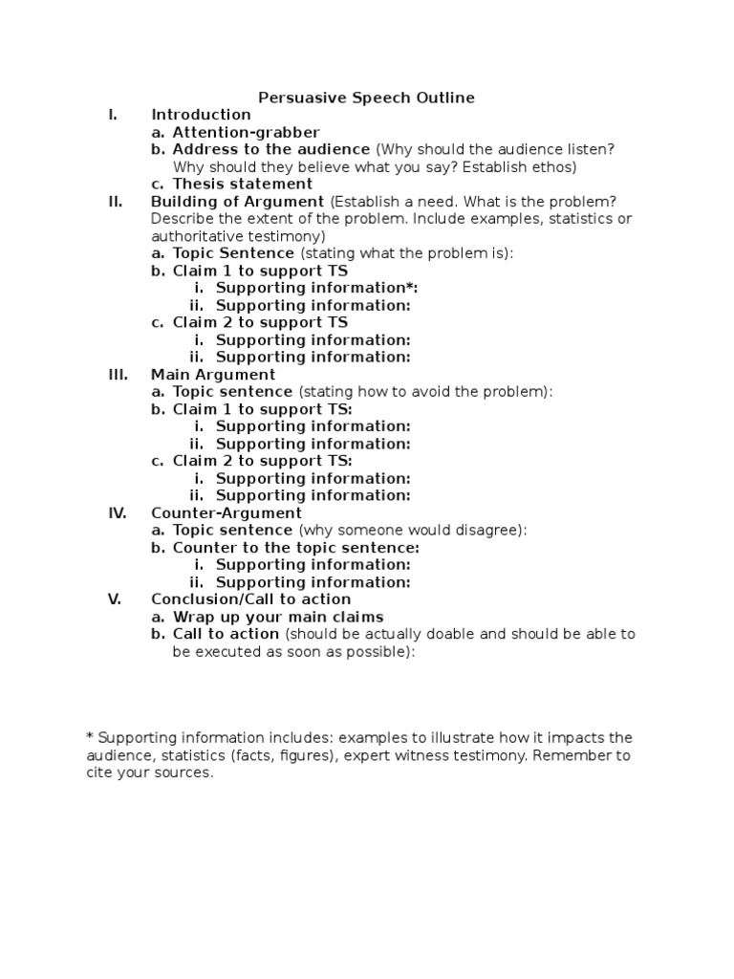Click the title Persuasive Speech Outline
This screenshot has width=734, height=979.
(x=367, y=98)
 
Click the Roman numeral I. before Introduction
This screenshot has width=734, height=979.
(x=113, y=115)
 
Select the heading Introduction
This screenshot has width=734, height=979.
(x=201, y=115)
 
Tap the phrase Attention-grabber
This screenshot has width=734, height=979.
(x=246, y=132)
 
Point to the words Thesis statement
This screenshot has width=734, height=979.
(x=242, y=184)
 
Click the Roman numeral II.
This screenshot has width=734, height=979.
(x=115, y=201)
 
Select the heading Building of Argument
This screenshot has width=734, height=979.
(x=237, y=201)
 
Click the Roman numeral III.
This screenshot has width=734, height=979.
(x=117, y=374)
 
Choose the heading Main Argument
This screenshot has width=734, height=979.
(x=213, y=374)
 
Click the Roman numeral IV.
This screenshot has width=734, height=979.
(x=117, y=512)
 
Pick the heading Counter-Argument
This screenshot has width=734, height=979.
(x=227, y=512)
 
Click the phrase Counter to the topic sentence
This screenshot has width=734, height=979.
(x=295, y=548)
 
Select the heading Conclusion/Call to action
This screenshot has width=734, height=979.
(x=250, y=599)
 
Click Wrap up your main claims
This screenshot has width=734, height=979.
(x=278, y=617)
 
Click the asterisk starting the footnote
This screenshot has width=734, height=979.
(x=90, y=737)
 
